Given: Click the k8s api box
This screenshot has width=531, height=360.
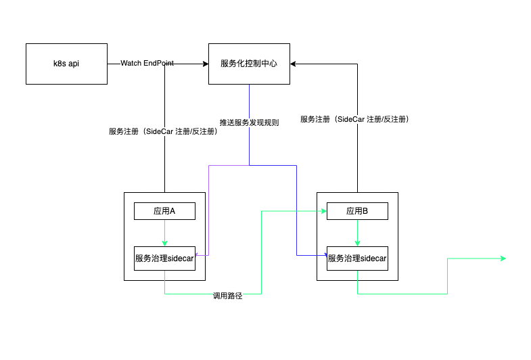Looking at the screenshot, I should pyautogui.click(x=66, y=64).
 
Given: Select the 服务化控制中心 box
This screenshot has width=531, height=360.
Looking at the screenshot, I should pyautogui.click(x=249, y=64).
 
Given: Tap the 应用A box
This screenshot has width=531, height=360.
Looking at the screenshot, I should pyautogui.click(x=164, y=211).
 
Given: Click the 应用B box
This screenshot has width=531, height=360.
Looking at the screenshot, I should pyautogui.click(x=357, y=211).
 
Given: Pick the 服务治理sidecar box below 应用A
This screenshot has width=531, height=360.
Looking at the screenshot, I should pyautogui.click(x=164, y=258).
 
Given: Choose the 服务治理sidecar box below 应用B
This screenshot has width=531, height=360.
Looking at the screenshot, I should pyautogui.click(x=357, y=258).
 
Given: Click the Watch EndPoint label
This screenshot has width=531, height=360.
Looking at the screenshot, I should pyautogui.click(x=147, y=63).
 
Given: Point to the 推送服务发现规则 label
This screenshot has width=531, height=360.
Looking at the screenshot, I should pyautogui.click(x=249, y=122).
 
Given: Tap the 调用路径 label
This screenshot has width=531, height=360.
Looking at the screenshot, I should pyautogui.click(x=227, y=296).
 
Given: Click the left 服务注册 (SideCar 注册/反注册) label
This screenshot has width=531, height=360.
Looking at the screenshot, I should pyautogui.click(x=163, y=131).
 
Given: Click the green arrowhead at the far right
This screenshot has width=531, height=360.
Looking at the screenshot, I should pyautogui.click(x=503, y=258).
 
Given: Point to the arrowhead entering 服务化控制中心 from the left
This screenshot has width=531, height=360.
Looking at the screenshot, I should pyautogui.click(x=205, y=64).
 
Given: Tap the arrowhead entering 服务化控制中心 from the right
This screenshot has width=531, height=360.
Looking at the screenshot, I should pyautogui.click(x=294, y=64).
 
